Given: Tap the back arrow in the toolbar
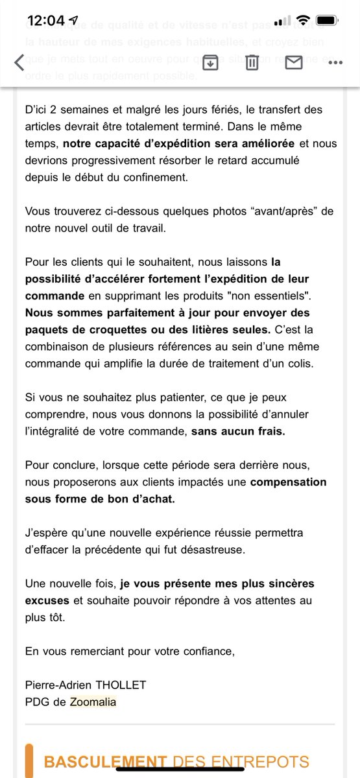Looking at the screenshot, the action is [x=19, y=62].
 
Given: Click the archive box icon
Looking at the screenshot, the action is [x=210, y=62].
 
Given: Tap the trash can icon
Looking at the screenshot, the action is [x=252, y=62].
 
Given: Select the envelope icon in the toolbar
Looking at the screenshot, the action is [x=294, y=62].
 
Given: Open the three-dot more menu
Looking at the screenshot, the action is [x=335, y=63].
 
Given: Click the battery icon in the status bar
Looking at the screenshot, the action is [x=326, y=21].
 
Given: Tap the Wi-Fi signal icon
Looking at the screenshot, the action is [x=302, y=21].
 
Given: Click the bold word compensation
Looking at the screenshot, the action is [x=288, y=482].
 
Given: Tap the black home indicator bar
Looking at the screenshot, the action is [x=180, y=769].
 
